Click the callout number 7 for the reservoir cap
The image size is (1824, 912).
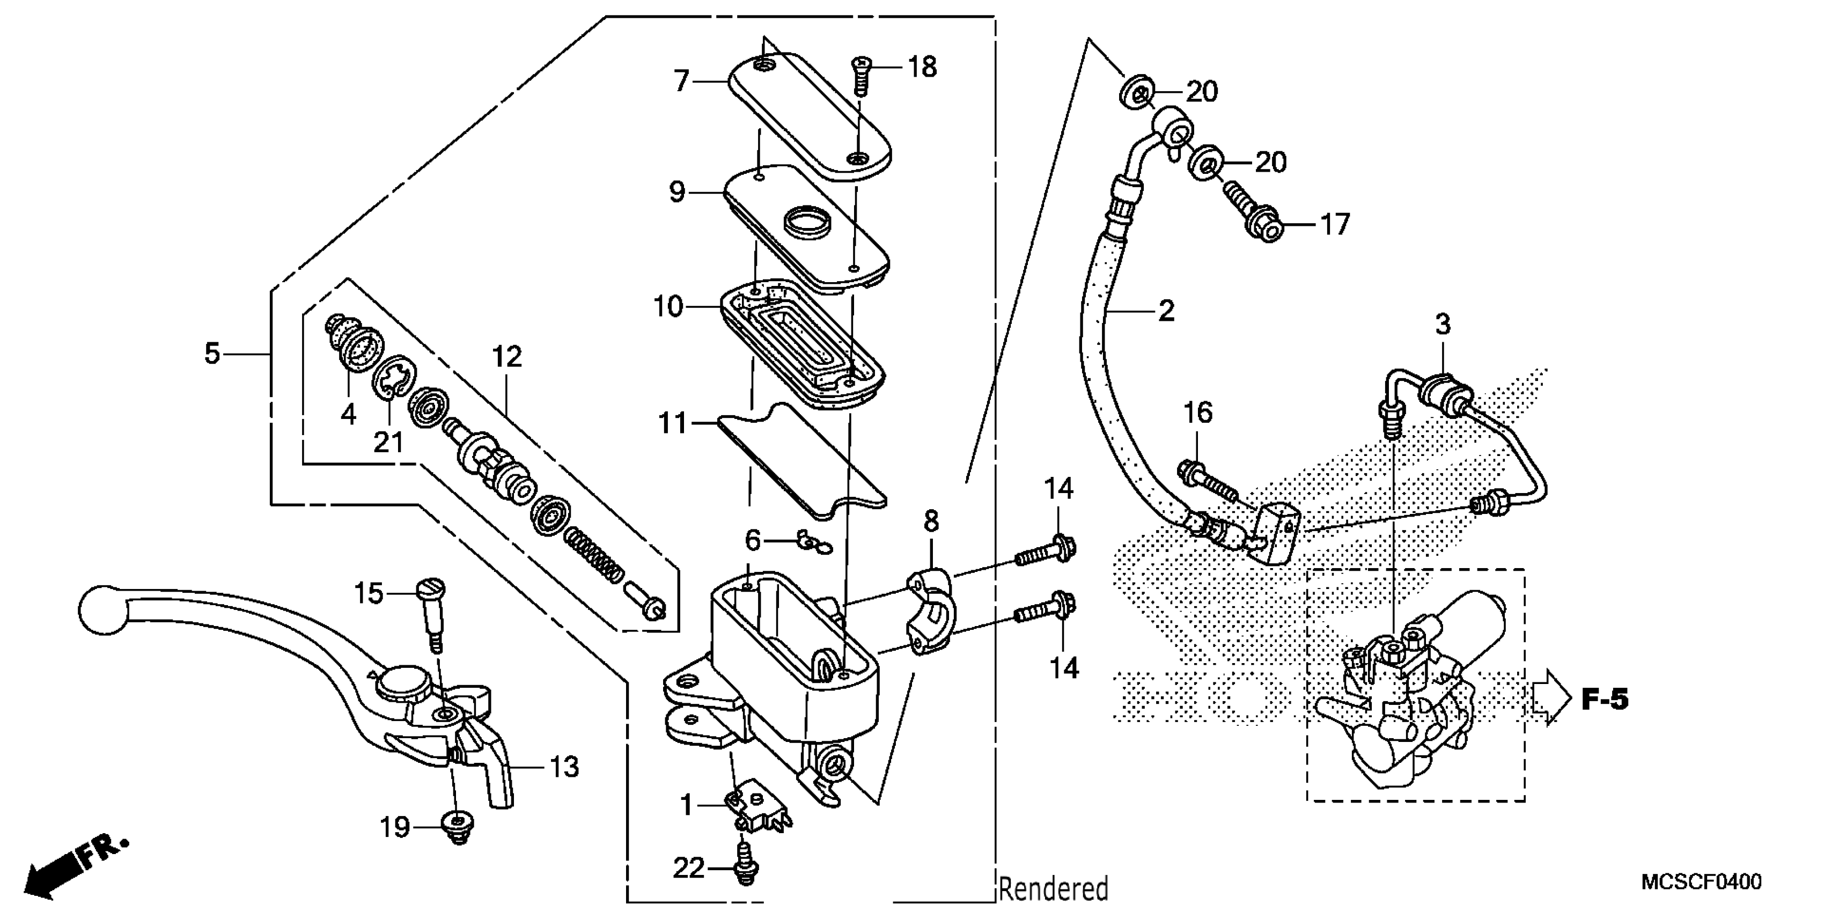pyautogui.click(x=681, y=82)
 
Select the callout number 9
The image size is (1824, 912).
pyautogui.click(x=677, y=192)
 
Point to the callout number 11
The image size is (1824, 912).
pyautogui.click(x=672, y=423)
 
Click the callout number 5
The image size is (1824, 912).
pyautogui.click(x=212, y=352)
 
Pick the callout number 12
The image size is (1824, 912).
pyautogui.click(x=506, y=356)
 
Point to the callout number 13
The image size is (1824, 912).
pyautogui.click(x=564, y=766)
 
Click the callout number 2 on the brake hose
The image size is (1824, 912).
pyautogui.click(x=1166, y=311)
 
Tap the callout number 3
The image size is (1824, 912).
pyautogui.click(x=1443, y=325)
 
